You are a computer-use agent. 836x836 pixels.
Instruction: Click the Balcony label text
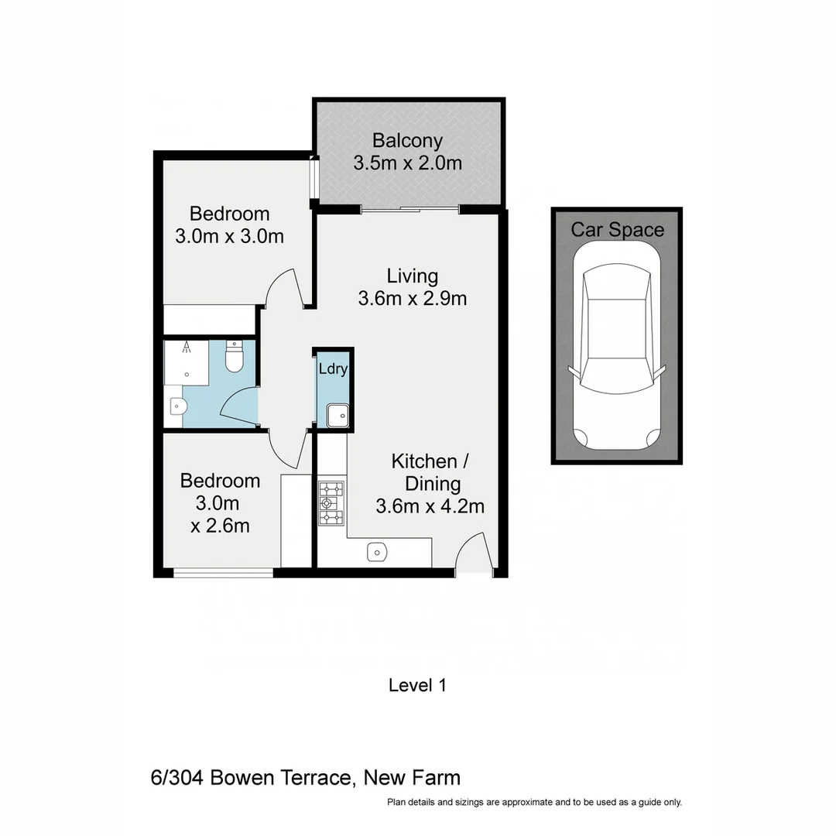tap(407, 141)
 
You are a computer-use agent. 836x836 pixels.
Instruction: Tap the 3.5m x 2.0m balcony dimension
tap(407, 163)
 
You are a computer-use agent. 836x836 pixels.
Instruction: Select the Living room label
tap(413, 276)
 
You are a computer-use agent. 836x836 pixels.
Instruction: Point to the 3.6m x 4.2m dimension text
tap(430, 506)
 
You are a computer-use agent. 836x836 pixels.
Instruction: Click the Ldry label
tap(333, 369)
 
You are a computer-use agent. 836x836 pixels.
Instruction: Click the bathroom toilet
tap(234, 358)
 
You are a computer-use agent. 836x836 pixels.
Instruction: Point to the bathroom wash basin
tap(176, 406)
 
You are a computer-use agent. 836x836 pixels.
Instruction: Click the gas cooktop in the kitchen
tap(331, 503)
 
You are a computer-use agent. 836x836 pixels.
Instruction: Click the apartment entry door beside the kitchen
tap(471, 553)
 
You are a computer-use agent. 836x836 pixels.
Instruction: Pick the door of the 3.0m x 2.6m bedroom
tap(286, 449)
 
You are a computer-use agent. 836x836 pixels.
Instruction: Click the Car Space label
tap(617, 230)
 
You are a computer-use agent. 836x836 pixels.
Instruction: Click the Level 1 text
tap(417, 685)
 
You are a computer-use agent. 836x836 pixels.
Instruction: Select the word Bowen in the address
tap(240, 778)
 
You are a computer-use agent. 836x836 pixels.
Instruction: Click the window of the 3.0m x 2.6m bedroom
tap(223, 573)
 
